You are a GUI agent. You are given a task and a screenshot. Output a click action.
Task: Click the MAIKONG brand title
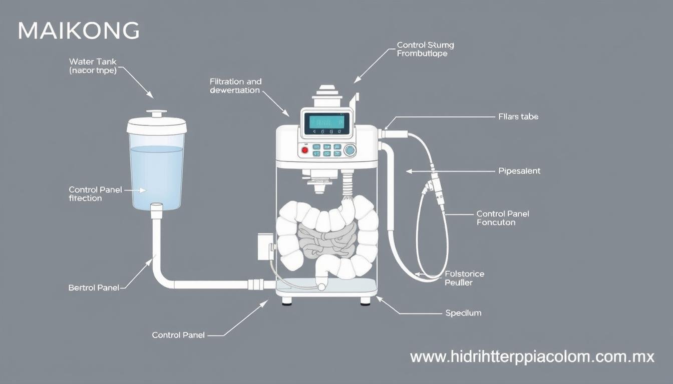click(79, 31)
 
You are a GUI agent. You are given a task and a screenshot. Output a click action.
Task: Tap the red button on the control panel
click(304, 149)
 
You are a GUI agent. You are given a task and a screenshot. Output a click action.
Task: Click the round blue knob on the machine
click(350, 149)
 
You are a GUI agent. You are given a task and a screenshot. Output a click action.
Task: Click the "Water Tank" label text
click(93, 61)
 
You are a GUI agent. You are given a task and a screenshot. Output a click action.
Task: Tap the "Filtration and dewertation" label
click(235, 85)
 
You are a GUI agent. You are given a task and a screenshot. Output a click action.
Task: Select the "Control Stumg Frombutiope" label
click(425, 49)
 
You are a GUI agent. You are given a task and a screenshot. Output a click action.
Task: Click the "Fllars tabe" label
click(518, 116)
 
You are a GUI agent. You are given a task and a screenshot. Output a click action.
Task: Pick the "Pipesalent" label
click(519, 171)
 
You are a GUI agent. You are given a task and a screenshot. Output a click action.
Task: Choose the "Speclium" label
click(463, 313)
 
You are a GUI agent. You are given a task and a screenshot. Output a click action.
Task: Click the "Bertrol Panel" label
click(94, 288)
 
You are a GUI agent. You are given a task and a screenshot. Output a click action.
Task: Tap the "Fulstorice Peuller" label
click(464, 278)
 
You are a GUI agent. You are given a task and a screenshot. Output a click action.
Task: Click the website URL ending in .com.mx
click(532, 357)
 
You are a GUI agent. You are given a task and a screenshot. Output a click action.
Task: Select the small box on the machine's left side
click(265, 246)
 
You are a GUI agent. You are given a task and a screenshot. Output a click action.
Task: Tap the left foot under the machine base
click(287, 301)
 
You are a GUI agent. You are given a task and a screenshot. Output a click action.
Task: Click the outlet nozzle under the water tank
click(156, 210)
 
